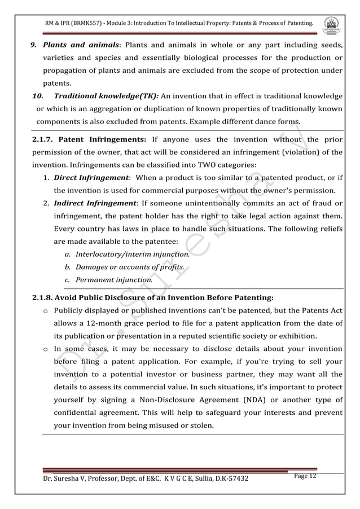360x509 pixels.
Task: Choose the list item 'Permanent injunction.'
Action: [x=114, y=279]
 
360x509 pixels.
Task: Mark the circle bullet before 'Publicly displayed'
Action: [x=45, y=310]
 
